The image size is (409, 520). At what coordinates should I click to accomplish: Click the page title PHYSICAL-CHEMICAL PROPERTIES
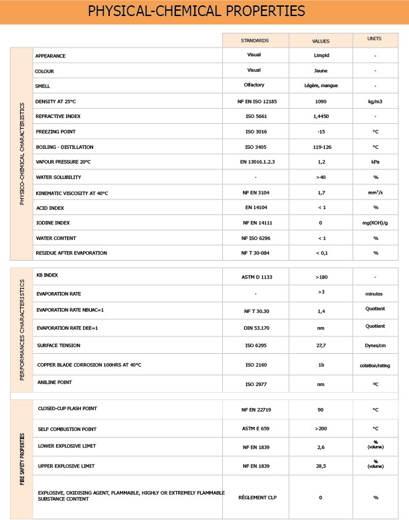204,11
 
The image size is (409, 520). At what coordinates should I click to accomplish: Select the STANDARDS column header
254,40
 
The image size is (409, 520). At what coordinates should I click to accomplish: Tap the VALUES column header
321,40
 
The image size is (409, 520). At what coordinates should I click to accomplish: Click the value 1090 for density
321,101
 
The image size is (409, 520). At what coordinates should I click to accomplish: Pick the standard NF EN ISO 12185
254,101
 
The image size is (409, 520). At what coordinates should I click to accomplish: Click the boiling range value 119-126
321,147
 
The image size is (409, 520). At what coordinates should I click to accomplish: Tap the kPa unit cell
376,162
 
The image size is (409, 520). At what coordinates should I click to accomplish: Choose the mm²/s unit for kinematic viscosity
376,193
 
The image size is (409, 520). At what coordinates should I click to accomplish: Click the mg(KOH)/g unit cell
376,222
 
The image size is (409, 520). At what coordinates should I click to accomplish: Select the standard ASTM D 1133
254,276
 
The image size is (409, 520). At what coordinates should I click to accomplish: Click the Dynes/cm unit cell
376,346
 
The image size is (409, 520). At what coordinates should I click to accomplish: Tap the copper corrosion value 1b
321,365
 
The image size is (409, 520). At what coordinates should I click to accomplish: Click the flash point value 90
321,408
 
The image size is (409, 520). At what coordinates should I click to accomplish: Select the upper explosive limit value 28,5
321,464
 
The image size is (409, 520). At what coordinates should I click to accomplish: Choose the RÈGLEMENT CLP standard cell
254,497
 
